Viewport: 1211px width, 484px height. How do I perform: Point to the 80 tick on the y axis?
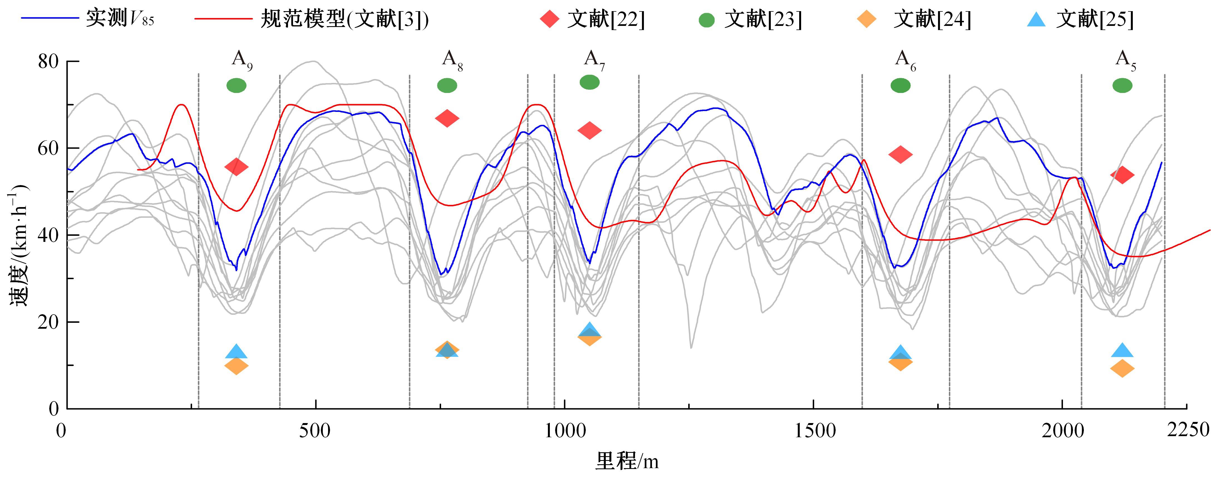coord(48,62)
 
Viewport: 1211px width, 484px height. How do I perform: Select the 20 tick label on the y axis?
coord(48,322)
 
